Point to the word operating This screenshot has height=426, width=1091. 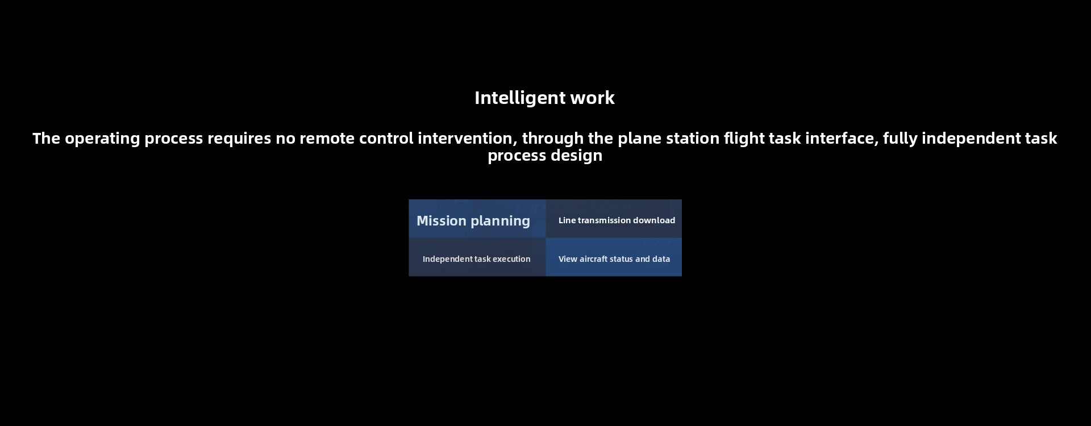102,139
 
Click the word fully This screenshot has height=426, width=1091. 900,139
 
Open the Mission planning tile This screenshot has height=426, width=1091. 477,219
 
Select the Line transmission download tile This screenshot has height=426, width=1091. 614,219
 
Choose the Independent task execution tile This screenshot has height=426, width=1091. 477,257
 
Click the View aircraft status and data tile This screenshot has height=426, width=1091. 614,257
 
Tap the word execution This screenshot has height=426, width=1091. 511,259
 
